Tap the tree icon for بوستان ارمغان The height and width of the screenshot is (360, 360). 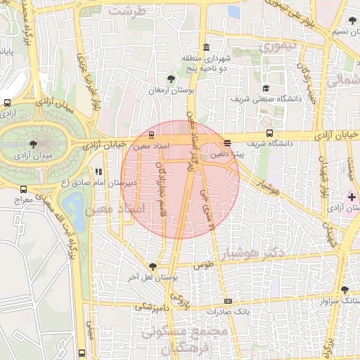pos(172,78)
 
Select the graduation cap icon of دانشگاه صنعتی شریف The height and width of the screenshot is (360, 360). pos(266,89)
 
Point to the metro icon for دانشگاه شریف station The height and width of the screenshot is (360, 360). pos(269,133)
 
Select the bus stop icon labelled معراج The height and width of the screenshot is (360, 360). pos(24,189)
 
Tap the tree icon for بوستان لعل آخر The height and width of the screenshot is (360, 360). pos(152,266)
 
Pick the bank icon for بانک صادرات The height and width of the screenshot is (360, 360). pos(227,301)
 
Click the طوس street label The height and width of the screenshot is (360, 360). pos(203,265)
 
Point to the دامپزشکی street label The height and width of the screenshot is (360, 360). pos(152,307)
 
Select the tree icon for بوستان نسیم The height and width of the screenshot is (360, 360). pos(352,20)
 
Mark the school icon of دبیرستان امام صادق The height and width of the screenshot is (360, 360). pos(98,171)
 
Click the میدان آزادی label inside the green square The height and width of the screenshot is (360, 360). pos(32,154)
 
